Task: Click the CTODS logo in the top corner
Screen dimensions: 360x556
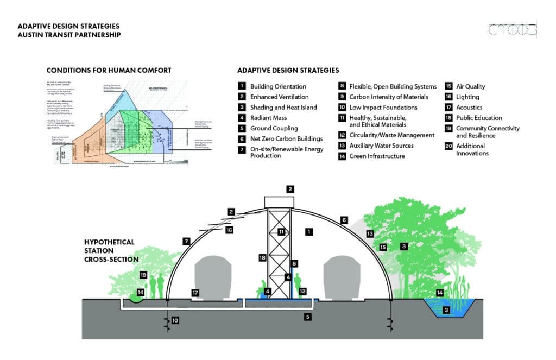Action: (512, 30)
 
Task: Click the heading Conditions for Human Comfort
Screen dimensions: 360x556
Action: (109, 70)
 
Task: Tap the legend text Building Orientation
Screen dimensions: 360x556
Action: (278, 86)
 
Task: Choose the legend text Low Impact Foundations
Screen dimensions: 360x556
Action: (383, 108)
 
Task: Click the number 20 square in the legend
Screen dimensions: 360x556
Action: (449, 146)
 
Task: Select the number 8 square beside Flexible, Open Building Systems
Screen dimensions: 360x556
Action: (342, 86)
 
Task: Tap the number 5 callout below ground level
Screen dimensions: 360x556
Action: (307, 317)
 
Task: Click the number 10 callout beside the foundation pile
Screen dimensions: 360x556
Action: (175, 320)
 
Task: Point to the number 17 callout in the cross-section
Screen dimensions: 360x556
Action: (195, 293)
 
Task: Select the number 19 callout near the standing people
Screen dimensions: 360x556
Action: (143, 275)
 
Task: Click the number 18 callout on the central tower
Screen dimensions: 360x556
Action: (263, 258)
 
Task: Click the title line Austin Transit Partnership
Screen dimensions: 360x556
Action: (69, 35)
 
